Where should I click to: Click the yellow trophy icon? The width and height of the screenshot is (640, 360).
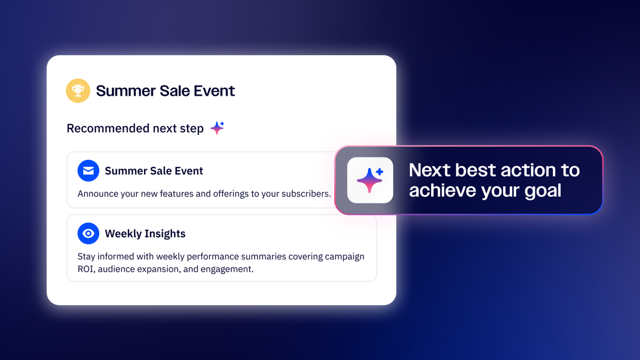78,90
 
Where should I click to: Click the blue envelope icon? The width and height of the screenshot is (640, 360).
88,170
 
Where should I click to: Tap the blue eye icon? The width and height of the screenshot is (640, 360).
88,234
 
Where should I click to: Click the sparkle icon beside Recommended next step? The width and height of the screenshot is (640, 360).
217,128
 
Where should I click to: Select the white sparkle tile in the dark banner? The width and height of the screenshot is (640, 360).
370,180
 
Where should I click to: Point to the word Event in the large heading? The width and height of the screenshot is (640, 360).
214,91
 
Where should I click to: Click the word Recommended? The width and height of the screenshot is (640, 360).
108,128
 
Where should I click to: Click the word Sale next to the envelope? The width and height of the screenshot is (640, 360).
161,171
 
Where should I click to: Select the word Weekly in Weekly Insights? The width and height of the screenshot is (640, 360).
123,234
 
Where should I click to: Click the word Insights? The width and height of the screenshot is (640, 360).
165,234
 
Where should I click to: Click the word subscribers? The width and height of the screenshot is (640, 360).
306,194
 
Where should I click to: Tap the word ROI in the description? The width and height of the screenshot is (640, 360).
86,269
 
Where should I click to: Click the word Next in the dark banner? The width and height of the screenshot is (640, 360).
430,170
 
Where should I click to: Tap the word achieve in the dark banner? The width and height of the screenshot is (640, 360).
442,190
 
